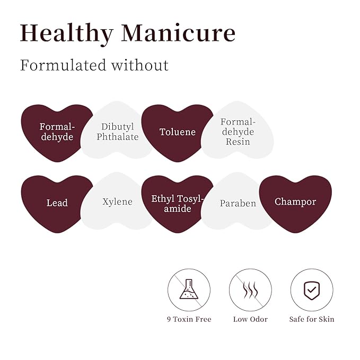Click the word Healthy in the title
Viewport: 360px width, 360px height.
click(x=67, y=34)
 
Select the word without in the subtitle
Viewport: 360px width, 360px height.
click(x=140, y=65)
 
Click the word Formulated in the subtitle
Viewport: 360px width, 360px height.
click(x=63, y=65)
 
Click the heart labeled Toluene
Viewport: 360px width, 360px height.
click(x=177, y=132)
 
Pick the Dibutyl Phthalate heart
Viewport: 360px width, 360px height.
click(x=117, y=131)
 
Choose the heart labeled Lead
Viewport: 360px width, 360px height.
click(x=57, y=203)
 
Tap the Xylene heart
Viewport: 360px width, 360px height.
click(x=117, y=201)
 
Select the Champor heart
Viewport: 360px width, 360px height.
click(x=295, y=203)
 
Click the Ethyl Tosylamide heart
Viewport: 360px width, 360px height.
click(x=177, y=203)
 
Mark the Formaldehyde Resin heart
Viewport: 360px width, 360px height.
click(x=238, y=131)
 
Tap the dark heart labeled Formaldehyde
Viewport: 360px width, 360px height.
click(x=57, y=132)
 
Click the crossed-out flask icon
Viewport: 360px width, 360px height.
click(x=189, y=289)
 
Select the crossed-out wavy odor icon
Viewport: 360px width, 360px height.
click(x=250, y=289)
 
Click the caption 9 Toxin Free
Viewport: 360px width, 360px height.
click(x=189, y=319)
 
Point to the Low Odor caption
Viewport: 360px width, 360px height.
click(x=250, y=319)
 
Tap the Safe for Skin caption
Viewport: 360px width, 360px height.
click(x=312, y=319)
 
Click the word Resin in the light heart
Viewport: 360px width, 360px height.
click(x=238, y=142)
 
